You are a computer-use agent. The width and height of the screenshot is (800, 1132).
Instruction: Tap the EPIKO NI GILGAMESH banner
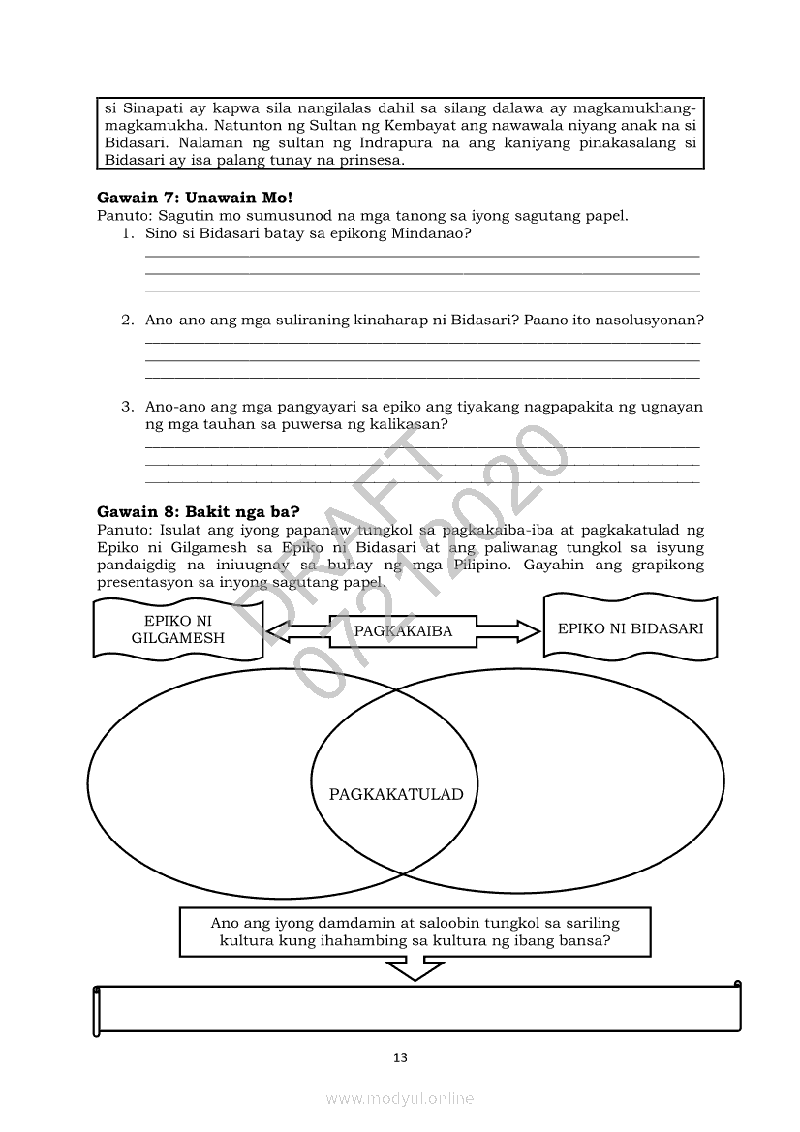[177, 628]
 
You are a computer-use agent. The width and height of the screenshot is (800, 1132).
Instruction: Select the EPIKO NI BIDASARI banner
[631, 628]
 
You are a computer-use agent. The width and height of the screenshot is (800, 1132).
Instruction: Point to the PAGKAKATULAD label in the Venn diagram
[396, 795]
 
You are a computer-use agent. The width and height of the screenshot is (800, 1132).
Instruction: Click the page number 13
[400, 1057]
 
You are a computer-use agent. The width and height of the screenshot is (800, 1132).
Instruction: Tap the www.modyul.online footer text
[400, 1098]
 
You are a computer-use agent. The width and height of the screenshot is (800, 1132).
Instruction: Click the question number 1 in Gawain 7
[127, 234]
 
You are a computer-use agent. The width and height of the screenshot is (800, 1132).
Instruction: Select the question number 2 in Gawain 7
[127, 321]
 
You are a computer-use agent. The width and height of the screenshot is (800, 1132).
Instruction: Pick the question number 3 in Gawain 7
[127, 407]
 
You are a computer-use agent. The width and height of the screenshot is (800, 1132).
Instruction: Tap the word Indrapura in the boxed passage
[357, 143]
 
